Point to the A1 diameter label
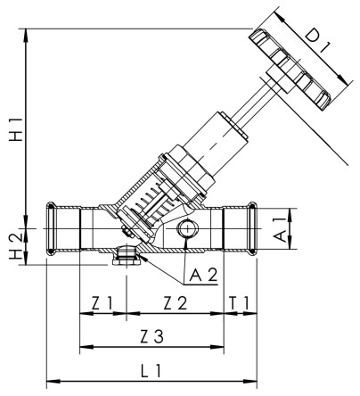(278, 228)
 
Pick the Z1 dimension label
(105, 303)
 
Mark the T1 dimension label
(240, 303)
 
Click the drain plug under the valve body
(126, 259)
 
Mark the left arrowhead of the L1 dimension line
(50, 378)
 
